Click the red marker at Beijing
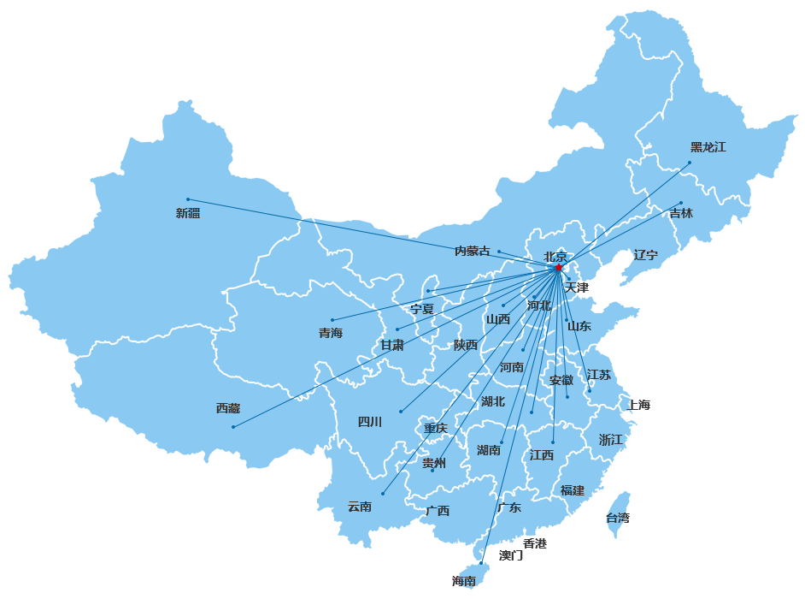pyautogui.click(x=558, y=267)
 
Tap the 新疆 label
pyautogui.click(x=188, y=213)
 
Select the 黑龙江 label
pyautogui.click(x=708, y=147)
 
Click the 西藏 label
pyautogui.click(x=228, y=408)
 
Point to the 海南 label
pyautogui.click(x=464, y=581)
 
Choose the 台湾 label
pyautogui.click(x=617, y=518)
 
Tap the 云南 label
pyautogui.click(x=360, y=507)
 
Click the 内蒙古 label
pyautogui.click(x=473, y=251)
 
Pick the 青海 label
pyautogui.click(x=331, y=333)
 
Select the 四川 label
pyautogui.click(x=370, y=422)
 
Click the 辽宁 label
pyautogui.click(x=646, y=255)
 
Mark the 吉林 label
pyautogui.click(x=681, y=213)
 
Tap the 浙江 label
pyautogui.click(x=611, y=440)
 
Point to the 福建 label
pyautogui.click(x=573, y=490)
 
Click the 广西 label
pyautogui.click(x=438, y=511)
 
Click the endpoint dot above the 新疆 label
pyautogui.click(x=188, y=199)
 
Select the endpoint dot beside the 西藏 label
pyautogui.click(x=233, y=426)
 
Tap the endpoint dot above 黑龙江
pyautogui.click(x=690, y=163)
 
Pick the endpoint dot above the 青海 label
pyautogui.click(x=332, y=320)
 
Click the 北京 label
pyautogui.click(x=555, y=256)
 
